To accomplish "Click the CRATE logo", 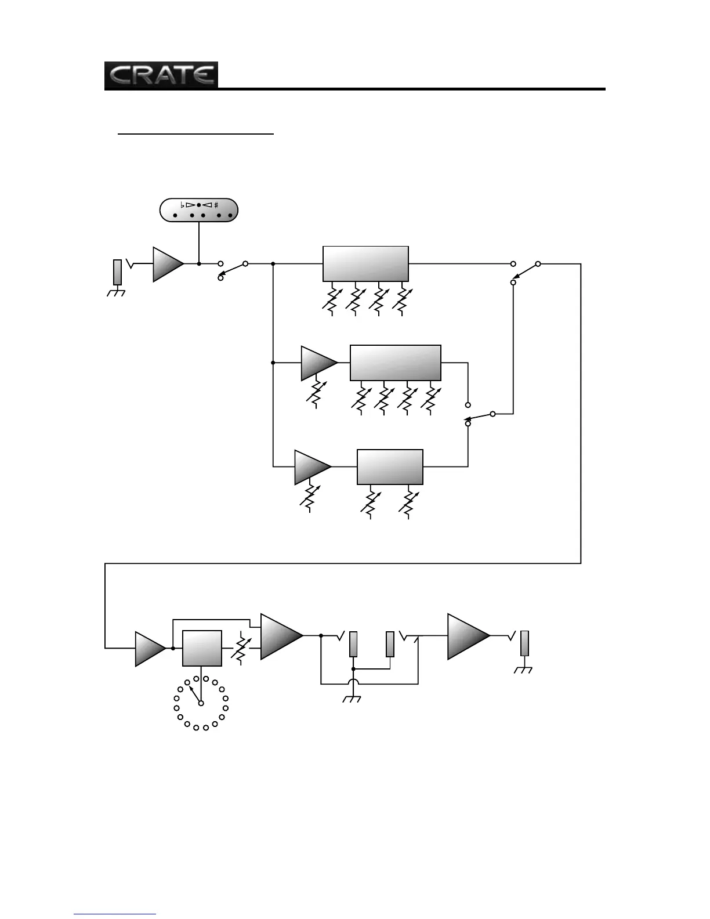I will point(161,75).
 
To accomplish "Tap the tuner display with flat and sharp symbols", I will point(199,211).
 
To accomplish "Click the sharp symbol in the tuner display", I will point(216,205).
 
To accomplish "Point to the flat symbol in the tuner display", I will point(182,205).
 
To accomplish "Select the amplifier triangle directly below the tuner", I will point(167,264).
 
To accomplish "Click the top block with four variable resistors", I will point(365,264).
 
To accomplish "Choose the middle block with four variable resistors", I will point(395,363).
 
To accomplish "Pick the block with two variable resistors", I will point(389,466).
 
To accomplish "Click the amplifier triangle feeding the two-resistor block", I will point(311,466).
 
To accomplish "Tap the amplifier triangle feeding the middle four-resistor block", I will point(317,363).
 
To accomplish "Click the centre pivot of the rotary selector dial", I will point(201,703).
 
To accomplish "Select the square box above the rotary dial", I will point(202,648).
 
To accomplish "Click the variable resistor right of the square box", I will point(241,648).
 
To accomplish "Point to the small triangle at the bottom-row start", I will point(149,648).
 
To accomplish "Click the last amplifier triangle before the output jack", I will point(467,636).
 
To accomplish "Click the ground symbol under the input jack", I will point(117,293).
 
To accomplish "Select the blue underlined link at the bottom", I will point(115,914).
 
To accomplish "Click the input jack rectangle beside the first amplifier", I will point(117,272).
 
